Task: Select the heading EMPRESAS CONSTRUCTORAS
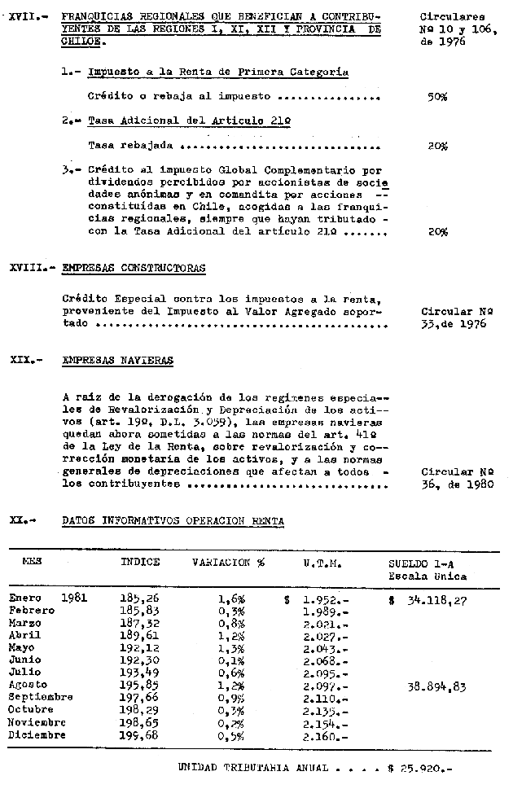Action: tap(134, 267)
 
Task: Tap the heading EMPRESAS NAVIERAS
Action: tap(117, 361)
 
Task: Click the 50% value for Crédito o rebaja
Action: tap(437, 97)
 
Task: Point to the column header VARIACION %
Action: tap(229, 562)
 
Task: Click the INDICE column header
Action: tap(140, 562)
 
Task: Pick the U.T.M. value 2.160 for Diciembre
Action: tap(324, 735)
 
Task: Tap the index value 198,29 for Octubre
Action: tap(139, 709)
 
